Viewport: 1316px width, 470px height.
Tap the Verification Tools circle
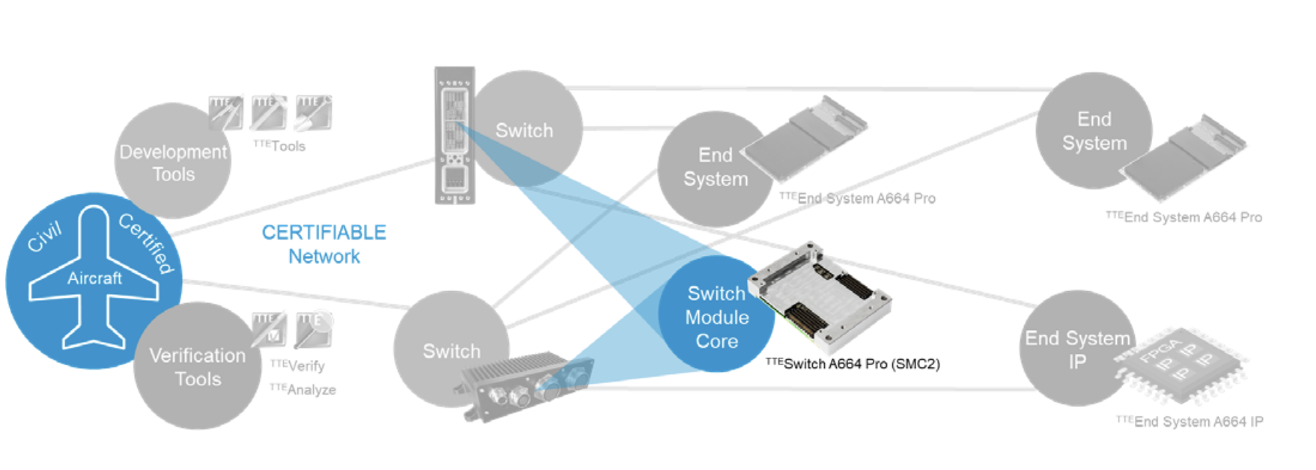click(198, 367)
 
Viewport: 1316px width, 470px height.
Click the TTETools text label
click(279, 146)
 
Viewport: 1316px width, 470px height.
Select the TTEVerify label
click(297, 365)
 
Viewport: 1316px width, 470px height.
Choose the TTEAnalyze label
click(302, 389)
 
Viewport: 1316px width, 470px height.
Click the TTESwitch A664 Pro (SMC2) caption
click(853, 364)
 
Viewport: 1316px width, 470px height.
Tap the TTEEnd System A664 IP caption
click(1189, 421)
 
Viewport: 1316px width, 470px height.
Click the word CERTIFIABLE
click(323, 233)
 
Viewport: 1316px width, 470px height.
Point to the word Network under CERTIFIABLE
click(323, 257)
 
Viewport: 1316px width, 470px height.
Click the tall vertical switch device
click(454, 135)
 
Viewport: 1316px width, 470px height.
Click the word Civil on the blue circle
click(44, 237)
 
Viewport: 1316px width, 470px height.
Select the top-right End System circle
click(1093, 131)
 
